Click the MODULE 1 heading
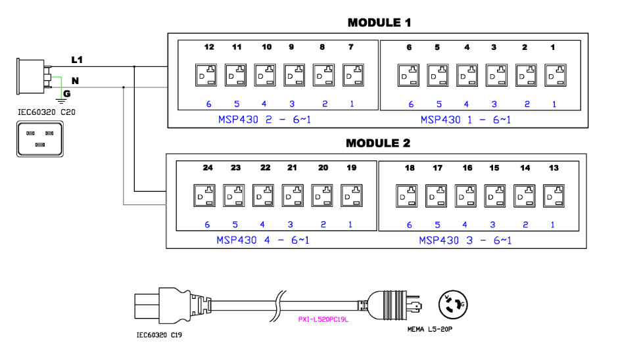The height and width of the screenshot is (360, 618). (379, 23)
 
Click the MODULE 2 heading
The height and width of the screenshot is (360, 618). (378, 143)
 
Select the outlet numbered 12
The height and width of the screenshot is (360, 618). (204, 75)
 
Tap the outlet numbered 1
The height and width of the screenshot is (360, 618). (554, 75)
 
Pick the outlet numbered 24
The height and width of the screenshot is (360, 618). (204, 195)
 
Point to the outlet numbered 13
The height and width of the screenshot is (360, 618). (554, 195)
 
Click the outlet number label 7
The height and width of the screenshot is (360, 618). (352, 47)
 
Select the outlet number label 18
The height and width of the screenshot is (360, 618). (410, 168)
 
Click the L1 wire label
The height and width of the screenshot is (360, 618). (78, 60)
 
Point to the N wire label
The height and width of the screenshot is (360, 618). (75, 80)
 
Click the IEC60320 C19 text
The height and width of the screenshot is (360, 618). (158, 335)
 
